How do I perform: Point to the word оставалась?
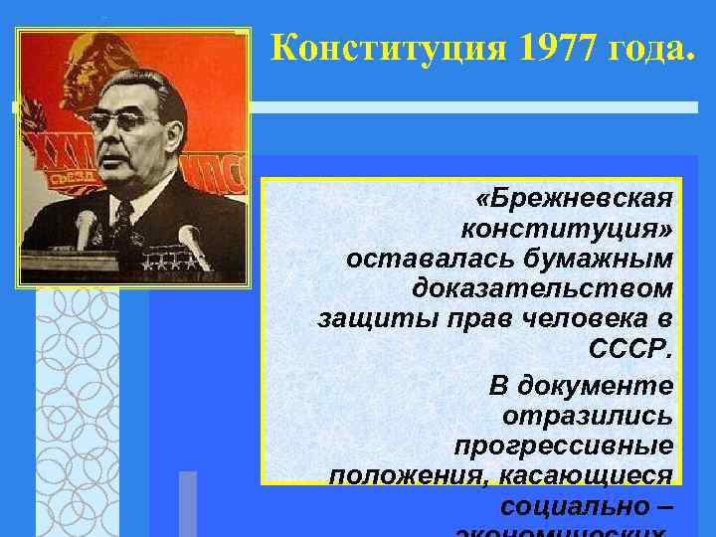pos(416,259)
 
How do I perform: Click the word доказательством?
pos(542,289)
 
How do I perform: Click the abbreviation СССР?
pos(630,351)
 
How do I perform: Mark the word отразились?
pos(588,415)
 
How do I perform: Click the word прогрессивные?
pos(563,446)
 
